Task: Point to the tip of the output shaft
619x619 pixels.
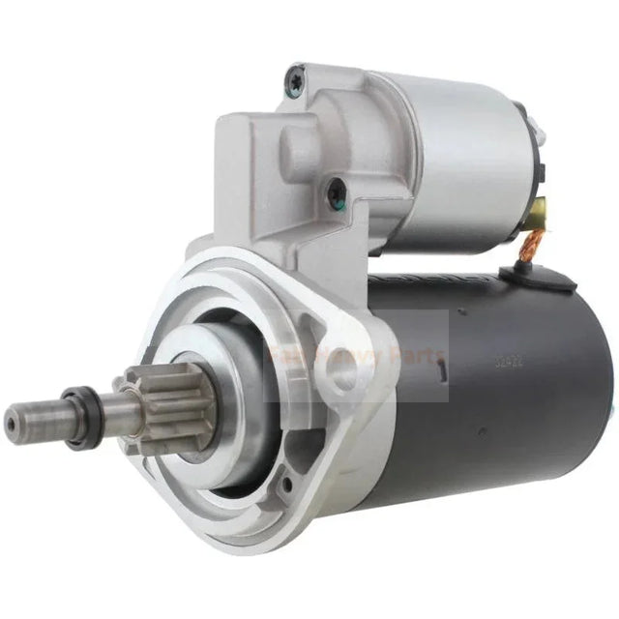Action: click(14, 419)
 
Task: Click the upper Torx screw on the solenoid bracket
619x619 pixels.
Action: click(293, 81)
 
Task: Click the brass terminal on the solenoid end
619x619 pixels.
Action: click(539, 207)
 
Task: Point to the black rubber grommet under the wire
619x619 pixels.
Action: click(558, 280)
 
